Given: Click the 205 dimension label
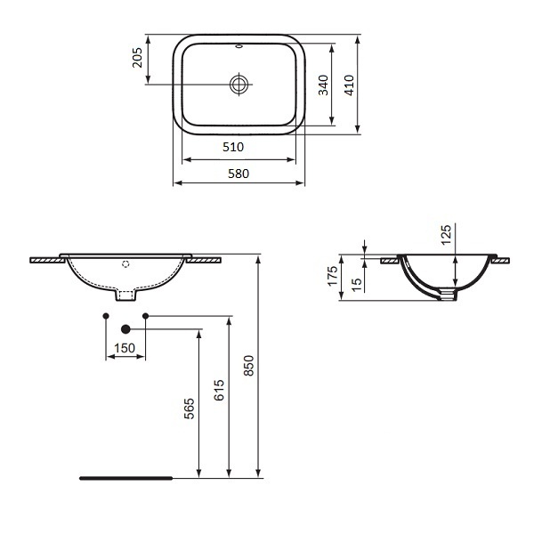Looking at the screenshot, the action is (x=137, y=58).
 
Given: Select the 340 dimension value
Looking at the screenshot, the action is (x=323, y=85).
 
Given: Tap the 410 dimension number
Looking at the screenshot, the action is (x=349, y=85).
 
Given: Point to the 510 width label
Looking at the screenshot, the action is (x=233, y=147).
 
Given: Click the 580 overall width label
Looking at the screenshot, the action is (x=239, y=174).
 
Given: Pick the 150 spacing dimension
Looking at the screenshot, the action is (x=125, y=348).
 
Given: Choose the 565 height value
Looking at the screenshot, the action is (x=189, y=409).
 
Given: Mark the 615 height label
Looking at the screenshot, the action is (x=219, y=390).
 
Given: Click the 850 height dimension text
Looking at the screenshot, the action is (x=249, y=366).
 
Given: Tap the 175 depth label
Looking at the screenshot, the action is (x=332, y=276).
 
